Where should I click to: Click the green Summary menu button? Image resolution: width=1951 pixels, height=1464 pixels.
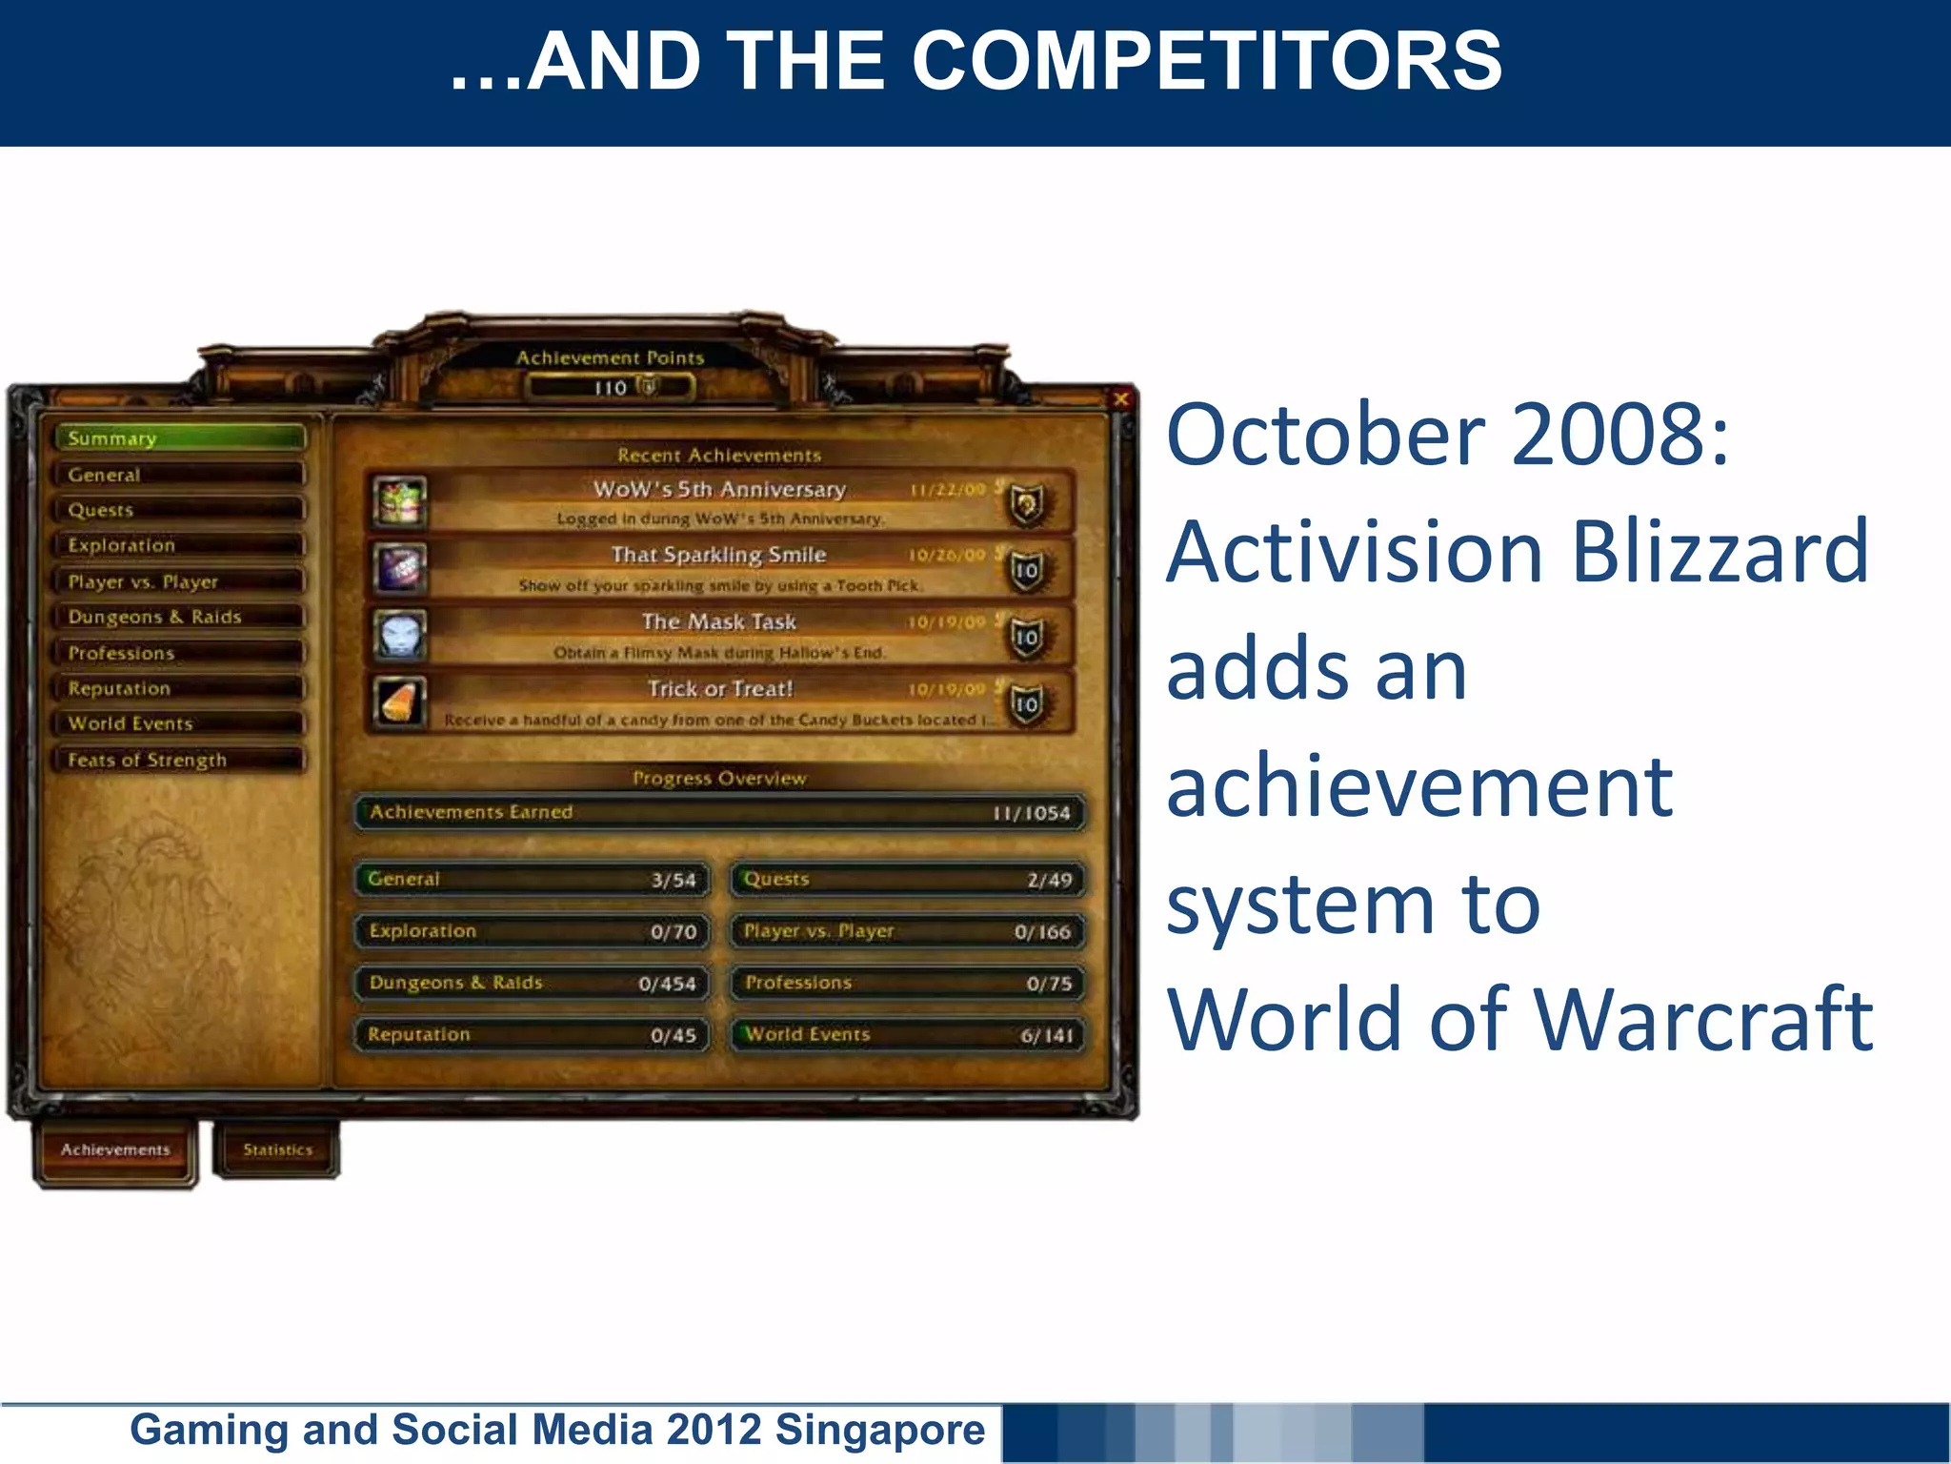click(179, 438)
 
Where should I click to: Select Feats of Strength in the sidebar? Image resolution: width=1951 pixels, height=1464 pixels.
click(179, 760)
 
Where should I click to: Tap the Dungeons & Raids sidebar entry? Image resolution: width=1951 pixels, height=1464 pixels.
click(179, 617)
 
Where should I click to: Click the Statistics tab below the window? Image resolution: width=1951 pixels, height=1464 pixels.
click(277, 1149)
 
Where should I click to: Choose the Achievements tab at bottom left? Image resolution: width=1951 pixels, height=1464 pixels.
click(115, 1149)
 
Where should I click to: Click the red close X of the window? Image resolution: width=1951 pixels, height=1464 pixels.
click(1121, 399)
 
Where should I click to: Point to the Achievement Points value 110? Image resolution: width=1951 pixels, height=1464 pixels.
click(611, 388)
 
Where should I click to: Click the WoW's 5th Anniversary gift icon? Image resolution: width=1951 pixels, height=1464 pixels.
click(399, 502)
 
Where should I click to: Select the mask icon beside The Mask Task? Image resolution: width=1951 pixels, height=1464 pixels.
click(399, 636)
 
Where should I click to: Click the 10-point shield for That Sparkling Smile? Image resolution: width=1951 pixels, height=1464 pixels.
click(1026, 570)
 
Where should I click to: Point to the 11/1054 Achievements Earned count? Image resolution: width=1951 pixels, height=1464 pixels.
click(1031, 813)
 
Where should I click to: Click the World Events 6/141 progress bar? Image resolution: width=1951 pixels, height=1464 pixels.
click(907, 1035)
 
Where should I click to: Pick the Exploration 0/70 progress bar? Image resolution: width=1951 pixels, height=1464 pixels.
click(533, 931)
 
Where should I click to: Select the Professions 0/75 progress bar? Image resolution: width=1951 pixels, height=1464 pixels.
click(907, 983)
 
